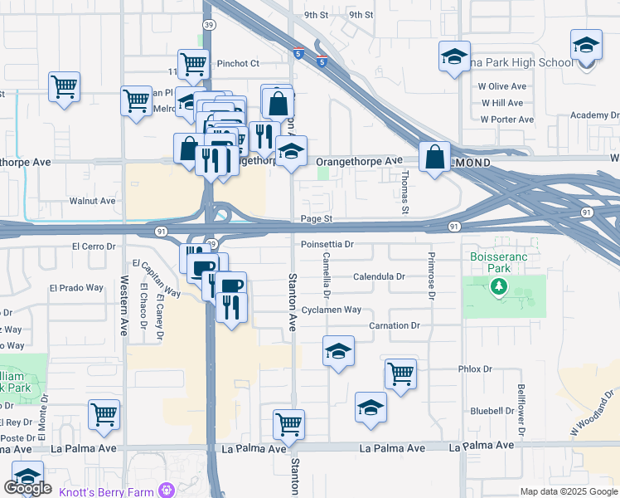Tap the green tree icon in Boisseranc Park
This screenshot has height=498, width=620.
[x=498, y=287]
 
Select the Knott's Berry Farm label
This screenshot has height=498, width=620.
[x=112, y=491]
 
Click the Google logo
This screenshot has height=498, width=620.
[x=27, y=488]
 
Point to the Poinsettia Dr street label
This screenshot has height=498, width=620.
[x=327, y=245]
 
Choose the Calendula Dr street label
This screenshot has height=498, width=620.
[x=379, y=276]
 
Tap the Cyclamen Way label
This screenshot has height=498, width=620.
[x=332, y=310]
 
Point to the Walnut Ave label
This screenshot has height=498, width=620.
[x=92, y=201]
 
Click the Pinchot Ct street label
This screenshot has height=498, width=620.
[x=239, y=63]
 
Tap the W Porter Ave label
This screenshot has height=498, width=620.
[x=506, y=120]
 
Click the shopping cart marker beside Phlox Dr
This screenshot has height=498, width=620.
[x=400, y=373]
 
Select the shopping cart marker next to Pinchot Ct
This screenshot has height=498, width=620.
[x=193, y=63]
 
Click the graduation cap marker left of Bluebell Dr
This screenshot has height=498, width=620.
[x=371, y=408]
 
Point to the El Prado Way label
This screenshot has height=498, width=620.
[x=75, y=288]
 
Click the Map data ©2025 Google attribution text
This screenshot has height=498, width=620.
[x=568, y=491]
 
